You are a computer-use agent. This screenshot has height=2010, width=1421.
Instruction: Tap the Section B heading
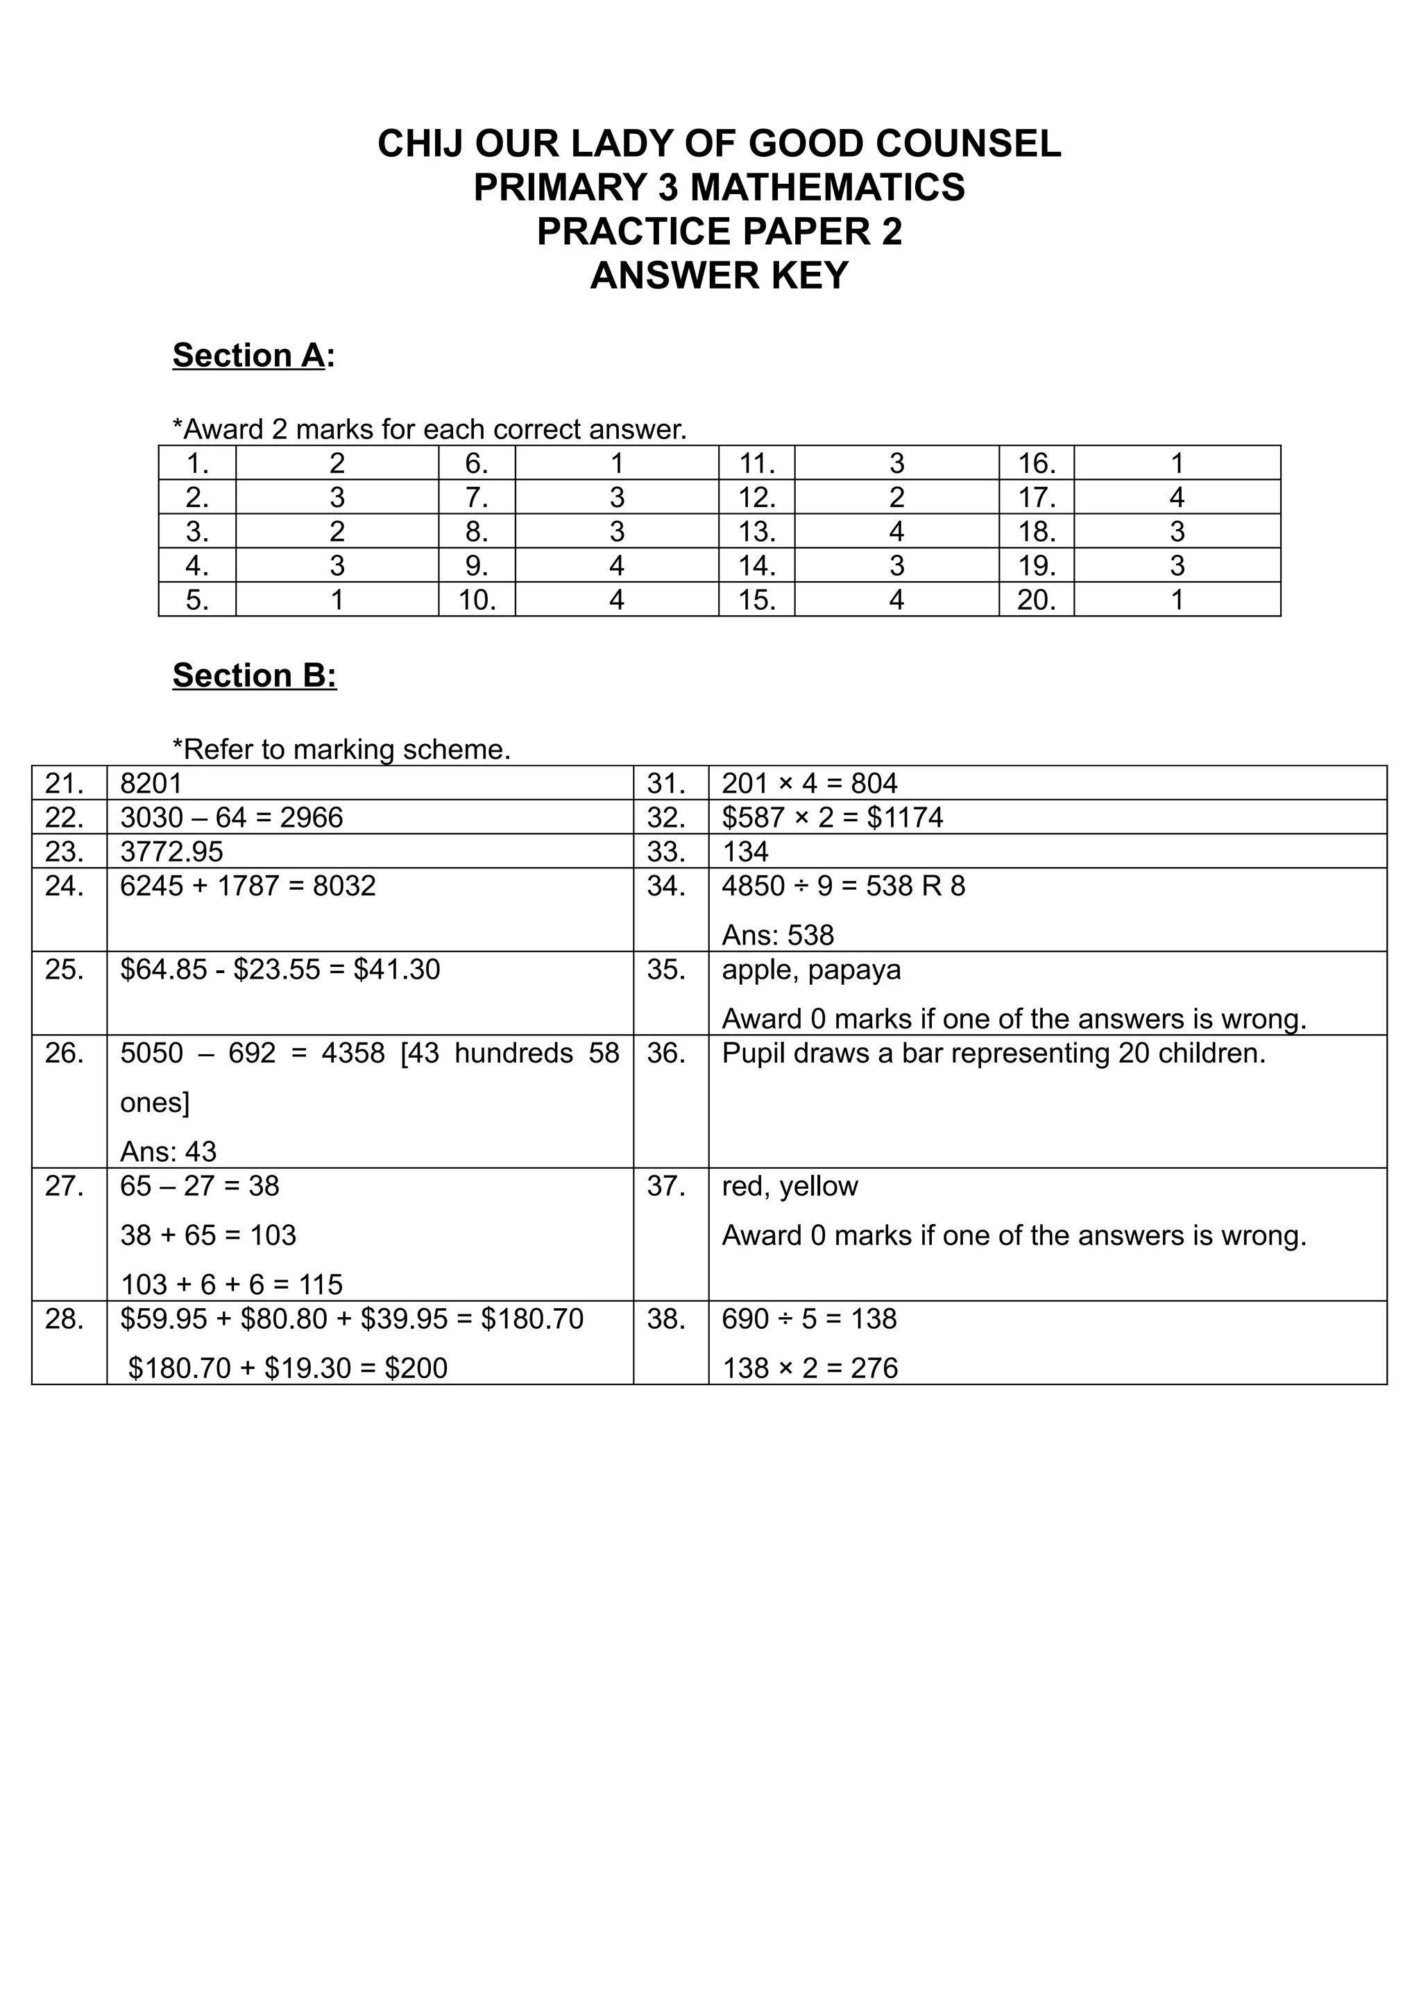(x=254, y=676)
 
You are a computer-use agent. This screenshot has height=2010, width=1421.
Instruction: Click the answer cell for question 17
(x=1176, y=497)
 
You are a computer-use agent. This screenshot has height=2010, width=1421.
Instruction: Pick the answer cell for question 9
(x=616, y=565)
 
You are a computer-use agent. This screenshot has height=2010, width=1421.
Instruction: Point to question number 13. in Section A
(x=756, y=531)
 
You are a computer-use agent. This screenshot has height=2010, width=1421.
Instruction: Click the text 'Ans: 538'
(x=778, y=935)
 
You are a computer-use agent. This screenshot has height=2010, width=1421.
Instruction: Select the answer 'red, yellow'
(x=790, y=1186)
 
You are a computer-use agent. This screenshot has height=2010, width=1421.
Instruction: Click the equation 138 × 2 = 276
(x=810, y=1368)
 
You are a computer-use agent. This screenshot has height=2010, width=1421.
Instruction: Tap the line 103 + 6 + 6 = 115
(x=231, y=1285)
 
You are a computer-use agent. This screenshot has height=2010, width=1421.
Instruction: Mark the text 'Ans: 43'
(x=168, y=1151)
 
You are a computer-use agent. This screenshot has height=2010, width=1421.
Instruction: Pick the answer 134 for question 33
(x=744, y=852)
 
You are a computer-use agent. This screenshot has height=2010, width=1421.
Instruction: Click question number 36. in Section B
(x=665, y=1053)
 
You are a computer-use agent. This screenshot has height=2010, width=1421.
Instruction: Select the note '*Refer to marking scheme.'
(x=341, y=749)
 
